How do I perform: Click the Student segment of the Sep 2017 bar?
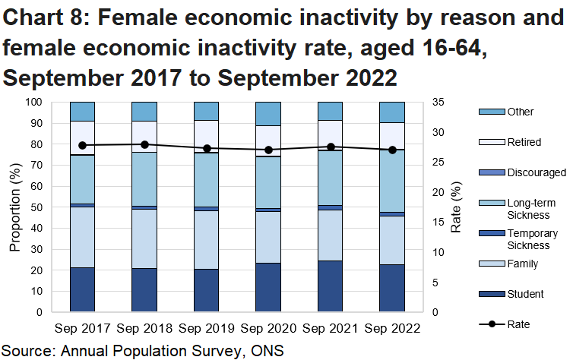click(82, 289)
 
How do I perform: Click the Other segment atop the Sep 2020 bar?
click(268, 113)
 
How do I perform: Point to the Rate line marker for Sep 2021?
click(331, 147)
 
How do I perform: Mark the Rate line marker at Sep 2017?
click(82, 145)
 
